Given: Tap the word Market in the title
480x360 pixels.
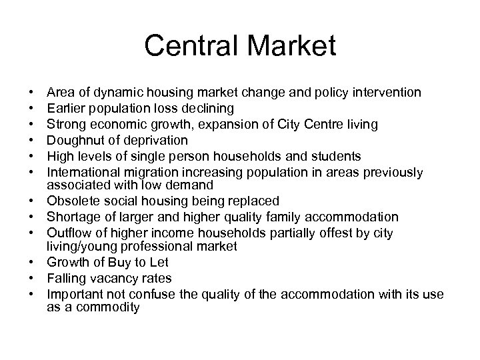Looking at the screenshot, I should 288,47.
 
